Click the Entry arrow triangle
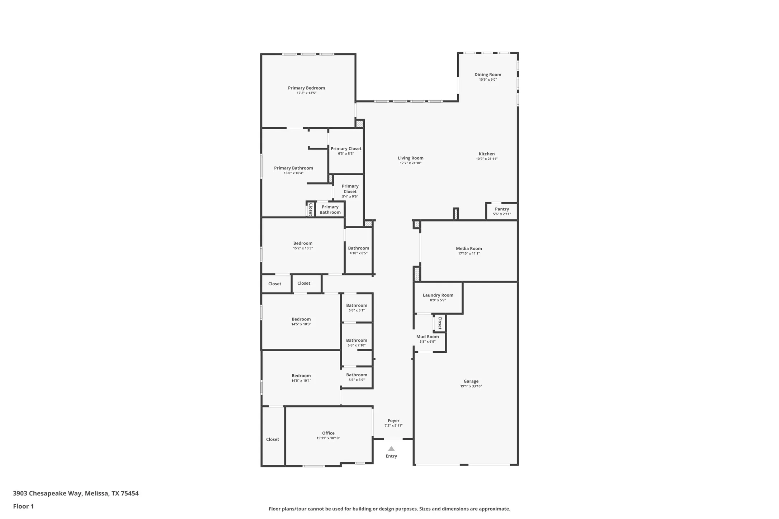tap(391, 449)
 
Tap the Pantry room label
tap(502, 209)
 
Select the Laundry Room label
tap(438, 295)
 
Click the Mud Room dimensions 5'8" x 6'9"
tap(428, 342)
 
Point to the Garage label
tap(471, 381)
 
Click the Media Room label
tap(469, 248)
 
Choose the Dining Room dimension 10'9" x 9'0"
tap(488, 80)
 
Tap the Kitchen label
tap(487, 154)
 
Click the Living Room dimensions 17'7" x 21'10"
tap(411, 163)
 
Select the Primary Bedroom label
tap(306, 88)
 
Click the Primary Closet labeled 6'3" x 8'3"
tap(346, 151)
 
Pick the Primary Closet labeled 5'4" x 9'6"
tap(350, 191)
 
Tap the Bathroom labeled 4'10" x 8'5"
tap(358, 250)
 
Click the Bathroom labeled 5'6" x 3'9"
tap(357, 377)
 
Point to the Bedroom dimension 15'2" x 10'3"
tap(303, 248)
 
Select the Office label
tap(328, 433)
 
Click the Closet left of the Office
tap(273, 439)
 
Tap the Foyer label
tap(393, 420)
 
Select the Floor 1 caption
tap(23, 506)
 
